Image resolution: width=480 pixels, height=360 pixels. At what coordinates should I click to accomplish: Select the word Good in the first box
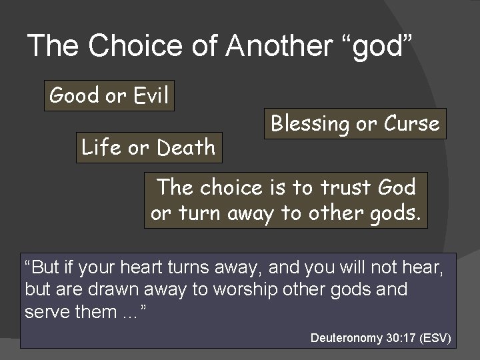[74, 96]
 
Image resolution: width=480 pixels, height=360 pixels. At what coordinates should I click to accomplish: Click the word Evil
[150, 96]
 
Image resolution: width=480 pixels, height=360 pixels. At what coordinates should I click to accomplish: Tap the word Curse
[411, 124]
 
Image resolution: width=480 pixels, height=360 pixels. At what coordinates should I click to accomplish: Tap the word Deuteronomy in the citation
[347, 338]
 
